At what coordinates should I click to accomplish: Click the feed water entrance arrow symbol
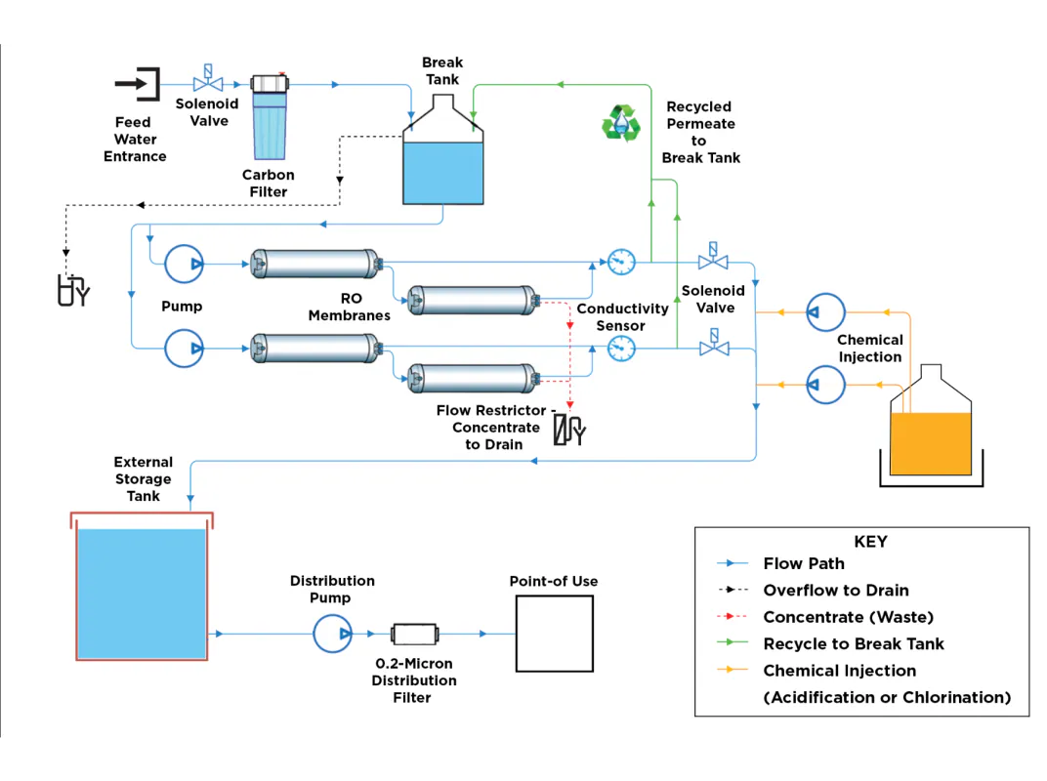[138, 84]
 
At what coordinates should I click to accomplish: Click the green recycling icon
[620, 123]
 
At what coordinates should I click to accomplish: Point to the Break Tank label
[442, 70]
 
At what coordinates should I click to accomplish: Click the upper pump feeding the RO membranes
[184, 264]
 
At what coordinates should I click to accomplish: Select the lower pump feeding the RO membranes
[184, 348]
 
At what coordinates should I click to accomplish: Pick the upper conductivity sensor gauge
[621, 262]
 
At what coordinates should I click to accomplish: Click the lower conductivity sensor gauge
[621, 348]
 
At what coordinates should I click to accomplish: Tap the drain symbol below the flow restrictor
[568, 430]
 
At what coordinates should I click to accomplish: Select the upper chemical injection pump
[826, 312]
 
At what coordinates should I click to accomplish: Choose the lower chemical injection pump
[826, 385]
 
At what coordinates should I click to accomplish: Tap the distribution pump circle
[332, 634]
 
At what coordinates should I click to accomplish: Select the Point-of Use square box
[554, 634]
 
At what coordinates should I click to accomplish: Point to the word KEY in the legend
[870, 542]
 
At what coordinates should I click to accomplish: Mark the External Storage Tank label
[143, 479]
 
